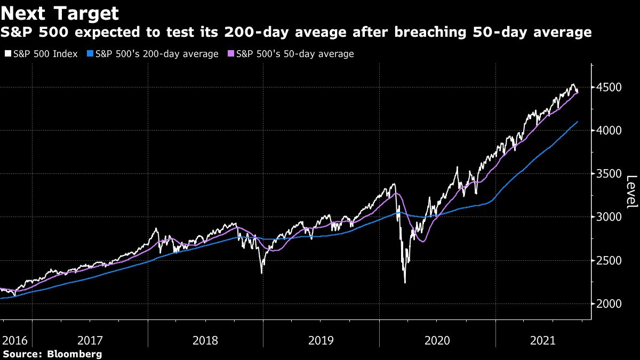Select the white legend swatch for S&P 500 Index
tap(7, 54)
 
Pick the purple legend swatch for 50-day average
tap(230, 54)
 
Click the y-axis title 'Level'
tap(631, 192)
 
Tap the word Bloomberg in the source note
tap(75, 354)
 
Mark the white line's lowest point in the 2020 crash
tap(405, 283)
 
